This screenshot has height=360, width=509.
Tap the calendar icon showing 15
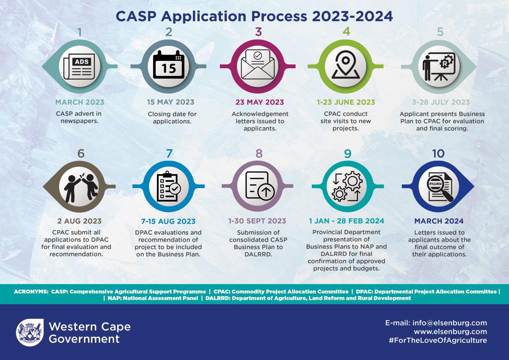click(x=169, y=65)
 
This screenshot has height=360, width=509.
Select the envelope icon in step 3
click(x=258, y=65)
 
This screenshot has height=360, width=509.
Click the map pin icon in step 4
click(x=346, y=65)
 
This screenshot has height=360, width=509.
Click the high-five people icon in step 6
click(x=81, y=187)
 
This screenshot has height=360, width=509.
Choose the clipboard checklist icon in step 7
click(x=169, y=187)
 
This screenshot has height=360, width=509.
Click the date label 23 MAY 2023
click(x=259, y=102)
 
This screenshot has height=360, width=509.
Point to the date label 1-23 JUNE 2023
click(x=346, y=102)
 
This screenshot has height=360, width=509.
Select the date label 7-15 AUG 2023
click(x=168, y=221)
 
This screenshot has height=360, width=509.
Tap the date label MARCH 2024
click(x=439, y=221)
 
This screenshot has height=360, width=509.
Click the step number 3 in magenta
click(x=258, y=32)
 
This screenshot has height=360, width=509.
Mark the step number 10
click(x=438, y=153)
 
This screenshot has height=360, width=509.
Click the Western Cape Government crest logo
click(x=30, y=332)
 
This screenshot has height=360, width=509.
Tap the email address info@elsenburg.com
click(x=449, y=323)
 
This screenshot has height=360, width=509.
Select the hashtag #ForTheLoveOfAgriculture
click(x=438, y=340)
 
